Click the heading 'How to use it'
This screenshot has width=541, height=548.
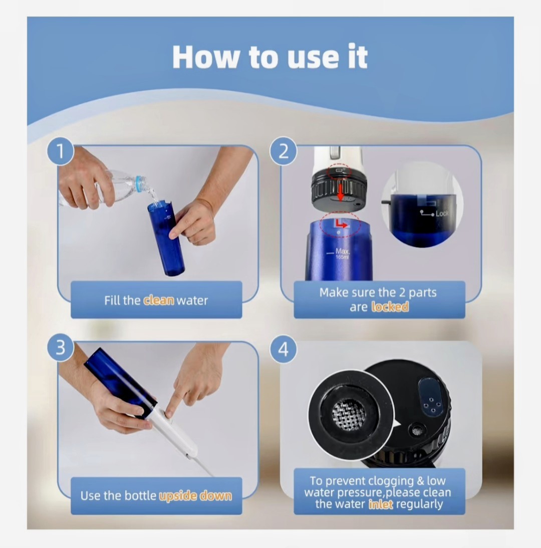click(269, 57)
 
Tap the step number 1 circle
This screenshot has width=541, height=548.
click(61, 151)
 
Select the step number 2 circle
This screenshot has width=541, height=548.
click(283, 151)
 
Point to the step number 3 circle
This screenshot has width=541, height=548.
click(61, 348)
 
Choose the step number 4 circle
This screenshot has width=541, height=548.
click(283, 349)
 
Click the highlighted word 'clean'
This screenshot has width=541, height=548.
click(159, 300)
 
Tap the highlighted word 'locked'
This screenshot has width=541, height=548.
click(390, 307)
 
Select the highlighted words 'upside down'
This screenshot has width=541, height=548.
click(195, 495)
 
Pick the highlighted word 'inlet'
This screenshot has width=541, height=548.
click(381, 504)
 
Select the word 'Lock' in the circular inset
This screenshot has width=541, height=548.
click(441, 213)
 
